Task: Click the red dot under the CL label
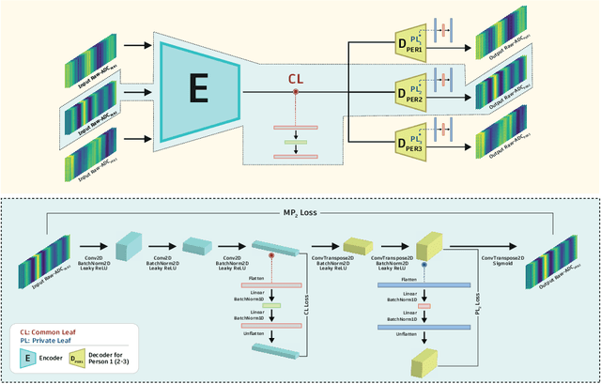(x=295, y=92)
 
